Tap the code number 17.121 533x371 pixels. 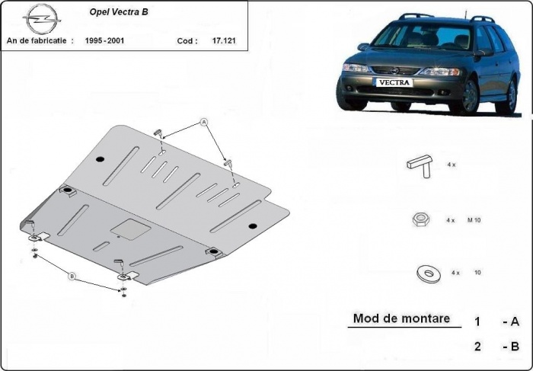click(223, 41)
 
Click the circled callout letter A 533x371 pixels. click(204, 122)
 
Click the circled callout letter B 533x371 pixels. click(72, 275)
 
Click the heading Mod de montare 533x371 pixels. click(401, 318)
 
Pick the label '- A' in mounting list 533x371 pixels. click(510, 321)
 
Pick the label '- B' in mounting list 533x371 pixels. click(510, 347)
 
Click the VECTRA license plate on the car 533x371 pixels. click(393, 82)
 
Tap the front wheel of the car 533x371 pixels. click(468, 97)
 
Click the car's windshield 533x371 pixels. click(420, 36)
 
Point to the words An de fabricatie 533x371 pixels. click(40, 41)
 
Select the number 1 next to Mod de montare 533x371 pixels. click(477, 321)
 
